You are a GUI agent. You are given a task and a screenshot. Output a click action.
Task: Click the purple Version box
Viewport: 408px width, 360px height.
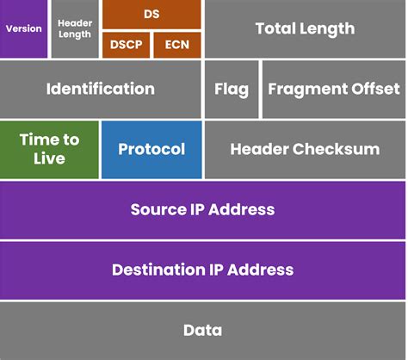click(x=24, y=29)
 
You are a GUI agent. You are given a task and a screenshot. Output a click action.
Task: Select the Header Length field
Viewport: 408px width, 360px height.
click(x=75, y=29)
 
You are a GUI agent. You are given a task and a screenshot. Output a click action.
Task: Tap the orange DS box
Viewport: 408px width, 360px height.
click(x=151, y=14)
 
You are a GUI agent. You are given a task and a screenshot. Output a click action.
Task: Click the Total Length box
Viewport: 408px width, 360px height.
click(x=305, y=29)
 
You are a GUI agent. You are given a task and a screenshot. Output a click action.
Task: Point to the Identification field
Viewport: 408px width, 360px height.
click(x=100, y=90)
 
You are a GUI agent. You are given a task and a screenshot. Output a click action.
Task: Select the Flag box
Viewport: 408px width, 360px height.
click(x=231, y=90)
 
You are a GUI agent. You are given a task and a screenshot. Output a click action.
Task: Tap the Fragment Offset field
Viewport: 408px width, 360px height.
click(x=334, y=90)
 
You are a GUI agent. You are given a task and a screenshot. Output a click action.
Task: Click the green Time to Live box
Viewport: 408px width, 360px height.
click(x=49, y=149)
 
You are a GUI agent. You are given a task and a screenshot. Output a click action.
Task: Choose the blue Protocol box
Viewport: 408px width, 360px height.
click(x=151, y=149)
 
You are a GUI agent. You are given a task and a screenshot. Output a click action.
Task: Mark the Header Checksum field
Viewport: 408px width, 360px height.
click(x=305, y=149)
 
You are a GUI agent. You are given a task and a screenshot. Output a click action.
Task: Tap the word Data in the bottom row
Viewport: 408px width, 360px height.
click(x=203, y=330)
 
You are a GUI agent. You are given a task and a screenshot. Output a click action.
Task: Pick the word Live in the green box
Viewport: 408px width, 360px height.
click(x=49, y=158)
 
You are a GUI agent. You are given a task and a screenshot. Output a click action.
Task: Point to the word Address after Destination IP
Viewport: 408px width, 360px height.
click(x=262, y=270)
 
